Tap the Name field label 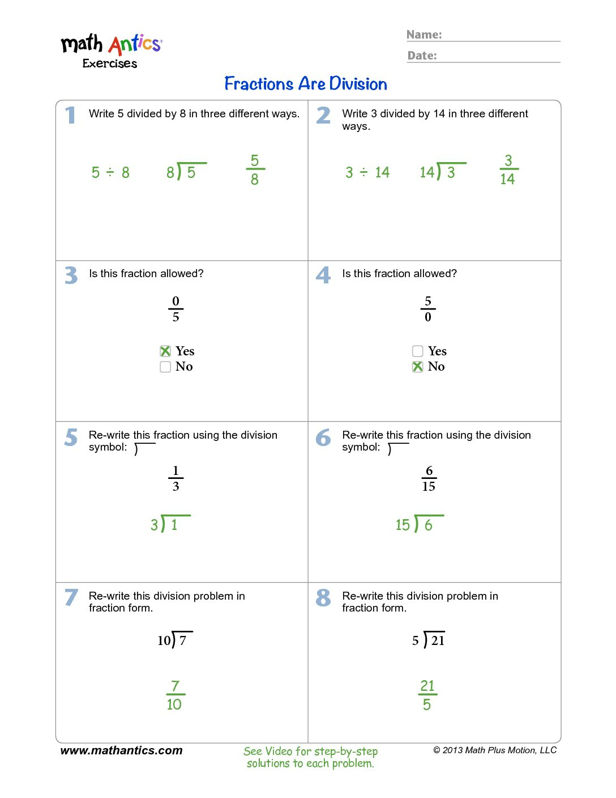coord(424,35)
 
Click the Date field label coord(422,56)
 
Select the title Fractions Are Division coord(306,84)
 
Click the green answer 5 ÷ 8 coord(110,172)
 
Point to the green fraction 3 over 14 coord(508,169)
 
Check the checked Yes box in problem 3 coord(165,351)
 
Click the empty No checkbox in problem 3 coord(165,367)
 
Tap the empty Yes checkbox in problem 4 coord(418,351)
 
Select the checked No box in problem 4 coord(418,367)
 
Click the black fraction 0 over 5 coord(176,309)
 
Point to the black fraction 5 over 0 coord(428,309)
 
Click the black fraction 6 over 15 coord(429,478)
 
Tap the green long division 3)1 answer coord(169,524)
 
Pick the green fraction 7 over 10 coord(174,695)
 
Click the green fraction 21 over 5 coord(427,695)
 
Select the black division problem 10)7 coord(174,640)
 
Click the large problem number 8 coord(323,597)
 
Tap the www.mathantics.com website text coord(121,750)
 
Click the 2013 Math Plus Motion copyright coord(495,750)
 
